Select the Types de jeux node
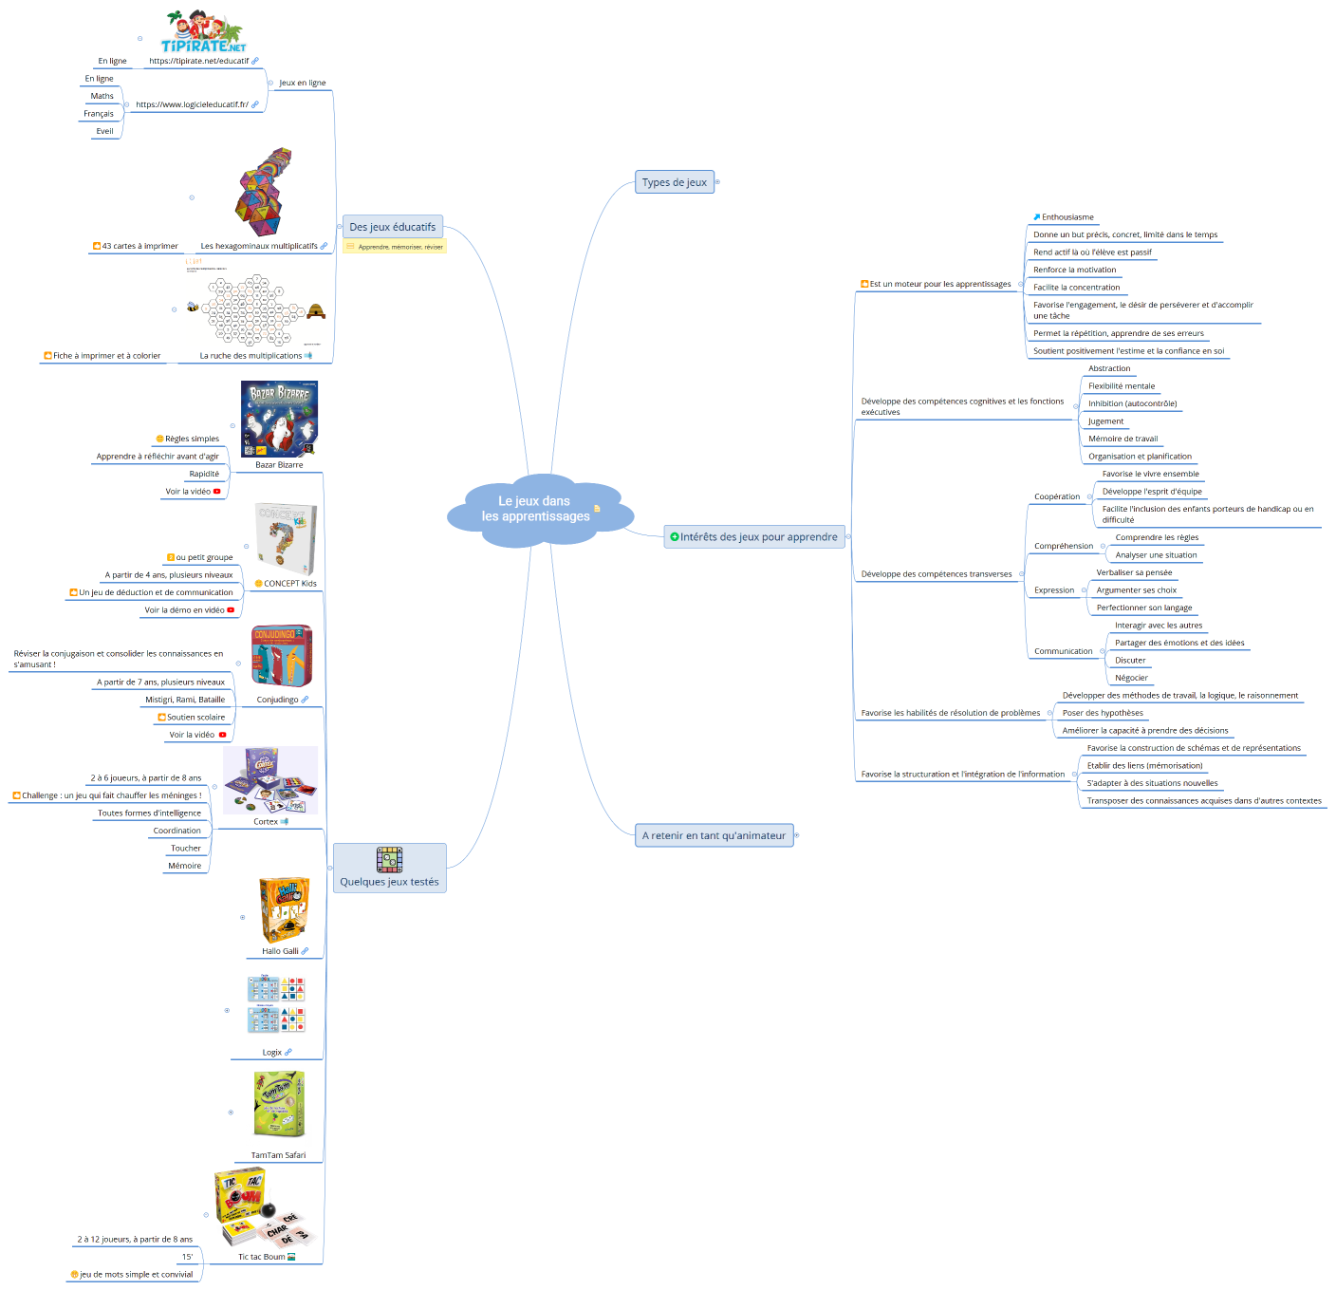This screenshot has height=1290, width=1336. (674, 182)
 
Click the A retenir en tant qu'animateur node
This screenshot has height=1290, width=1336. (714, 835)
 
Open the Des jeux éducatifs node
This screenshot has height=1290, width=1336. (392, 227)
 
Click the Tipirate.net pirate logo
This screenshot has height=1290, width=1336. (203, 31)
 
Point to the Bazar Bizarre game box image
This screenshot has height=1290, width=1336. (279, 419)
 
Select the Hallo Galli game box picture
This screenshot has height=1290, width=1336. (283, 909)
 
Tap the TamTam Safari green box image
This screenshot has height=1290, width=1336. (279, 1104)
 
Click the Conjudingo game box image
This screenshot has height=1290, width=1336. (282, 656)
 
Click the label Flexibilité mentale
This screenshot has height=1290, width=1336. (1122, 386)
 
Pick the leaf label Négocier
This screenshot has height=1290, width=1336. (1131, 678)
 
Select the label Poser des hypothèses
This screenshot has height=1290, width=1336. (1103, 713)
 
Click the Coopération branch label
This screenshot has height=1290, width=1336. (1057, 496)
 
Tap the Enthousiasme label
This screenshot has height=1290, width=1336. (1067, 217)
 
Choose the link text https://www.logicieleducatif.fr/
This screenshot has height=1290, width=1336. (192, 104)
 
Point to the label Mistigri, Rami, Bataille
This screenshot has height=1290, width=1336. (185, 700)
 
